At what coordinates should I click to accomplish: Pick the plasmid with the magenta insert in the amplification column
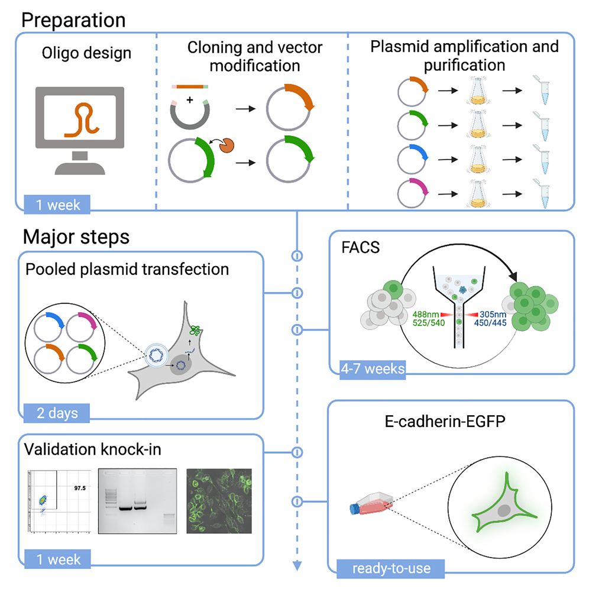pyautogui.click(x=411, y=192)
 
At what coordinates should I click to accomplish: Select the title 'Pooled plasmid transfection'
pyautogui.click(x=127, y=270)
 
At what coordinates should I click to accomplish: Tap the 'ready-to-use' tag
pyautogui.click(x=391, y=569)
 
